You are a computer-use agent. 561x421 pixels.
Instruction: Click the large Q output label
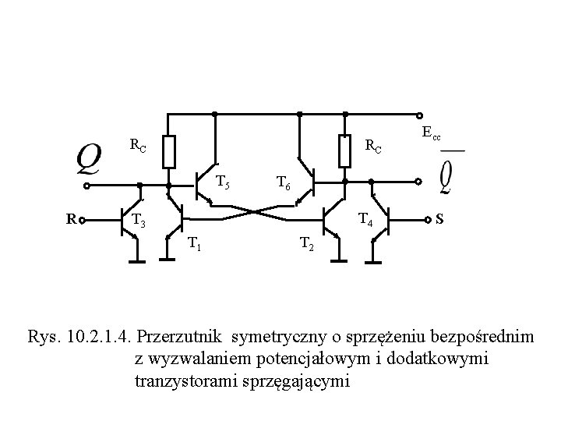click(x=88, y=161)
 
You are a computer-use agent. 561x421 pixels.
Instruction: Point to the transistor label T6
click(x=284, y=184)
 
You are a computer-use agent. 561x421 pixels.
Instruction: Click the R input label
click(x=70, y=220)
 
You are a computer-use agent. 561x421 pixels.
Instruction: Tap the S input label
click(x=440, y=220)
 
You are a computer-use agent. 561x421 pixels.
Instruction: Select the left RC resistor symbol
click(x=169, y=151)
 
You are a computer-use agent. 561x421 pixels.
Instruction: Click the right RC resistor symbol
click(x=344, y=151)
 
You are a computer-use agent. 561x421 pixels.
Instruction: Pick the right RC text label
click(x=374, y=146)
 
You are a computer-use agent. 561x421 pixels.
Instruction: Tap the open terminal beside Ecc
click(x=420, y=114)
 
